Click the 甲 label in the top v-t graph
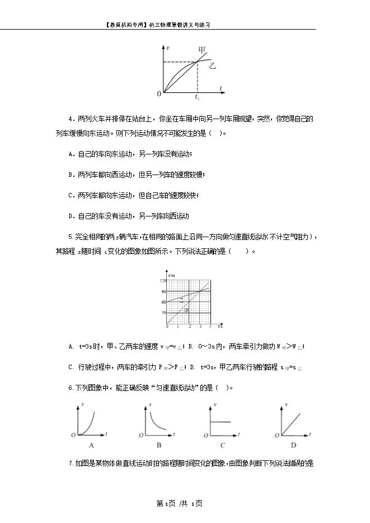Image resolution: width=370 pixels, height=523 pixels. pyautogui.click(x=202, y=50)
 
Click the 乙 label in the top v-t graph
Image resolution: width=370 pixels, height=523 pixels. pyautogui.click(x=212, y=66)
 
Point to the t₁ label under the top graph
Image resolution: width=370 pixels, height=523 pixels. pyautogui.click(x=197, y=97)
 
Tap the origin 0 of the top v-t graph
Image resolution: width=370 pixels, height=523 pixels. pyautogui.click(x=159, y=93)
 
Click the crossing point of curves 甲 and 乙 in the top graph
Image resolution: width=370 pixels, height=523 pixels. pyautogui.click(x=197, y=61)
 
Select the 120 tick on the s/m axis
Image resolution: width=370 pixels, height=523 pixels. pyautogui.click(x=163, y=280)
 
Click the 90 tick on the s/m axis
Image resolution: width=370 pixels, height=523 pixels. pyautogui.click(x=163, y=291)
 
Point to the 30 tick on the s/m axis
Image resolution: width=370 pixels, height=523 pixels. pyautogui.click(x=163, y=313)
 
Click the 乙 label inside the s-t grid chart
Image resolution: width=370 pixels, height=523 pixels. pyautogui.click(x=181, y=300)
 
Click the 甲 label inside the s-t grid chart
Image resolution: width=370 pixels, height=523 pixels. pyautogui.click(x=186, y=310)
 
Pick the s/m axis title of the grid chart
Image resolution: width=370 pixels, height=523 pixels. pyautogui.click(x=171, y=276)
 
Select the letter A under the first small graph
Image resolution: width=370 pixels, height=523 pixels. pyautogui.click(x=91, y=445)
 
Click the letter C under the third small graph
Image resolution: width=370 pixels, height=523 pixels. pyautogui.click(x=222, y=445)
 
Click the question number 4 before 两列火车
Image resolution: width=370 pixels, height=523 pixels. pyautogui.click(x=70, y=119)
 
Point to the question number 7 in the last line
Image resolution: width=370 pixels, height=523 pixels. pyautogui.click(x=70, y=463)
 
